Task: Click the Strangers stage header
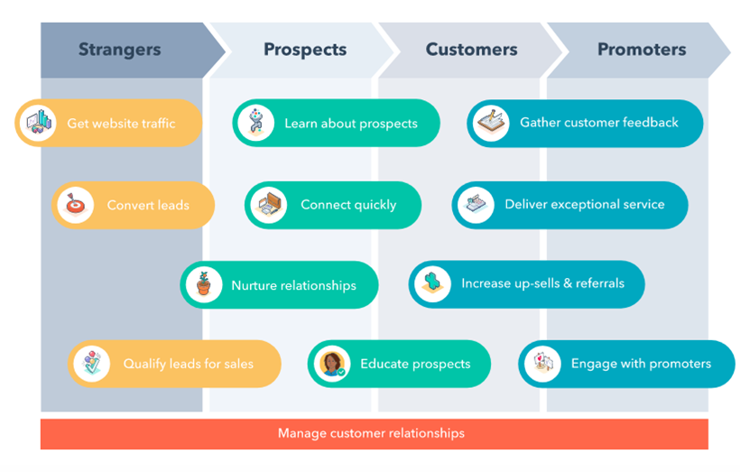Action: (x=120, y=50)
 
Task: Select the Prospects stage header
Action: (x=305, y=50)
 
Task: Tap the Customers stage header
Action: (x=471, y=50)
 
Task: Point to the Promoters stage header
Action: (x=642, y=50)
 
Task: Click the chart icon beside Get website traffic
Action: (x=39, y=124)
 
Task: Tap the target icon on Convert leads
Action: (x=75, y=206)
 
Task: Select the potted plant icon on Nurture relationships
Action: (x=204, y=284)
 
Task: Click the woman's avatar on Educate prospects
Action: (x=332, y=364)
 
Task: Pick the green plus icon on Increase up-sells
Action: (x=432, y=283)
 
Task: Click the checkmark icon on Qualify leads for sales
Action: (x=92, y=364)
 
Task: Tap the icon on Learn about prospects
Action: (x=255, y=123)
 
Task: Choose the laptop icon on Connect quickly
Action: (x=269, y=206)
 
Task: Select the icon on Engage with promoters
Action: (x=542, y=364)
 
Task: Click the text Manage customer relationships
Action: (x=372, y=433)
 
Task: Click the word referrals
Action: (x=600, y=283)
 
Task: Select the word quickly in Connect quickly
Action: (x=375, y=206)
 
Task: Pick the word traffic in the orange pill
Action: (x=156, y=124)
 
